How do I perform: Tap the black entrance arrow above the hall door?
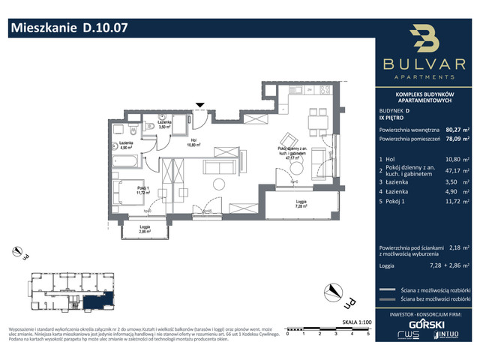(199, 106)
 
